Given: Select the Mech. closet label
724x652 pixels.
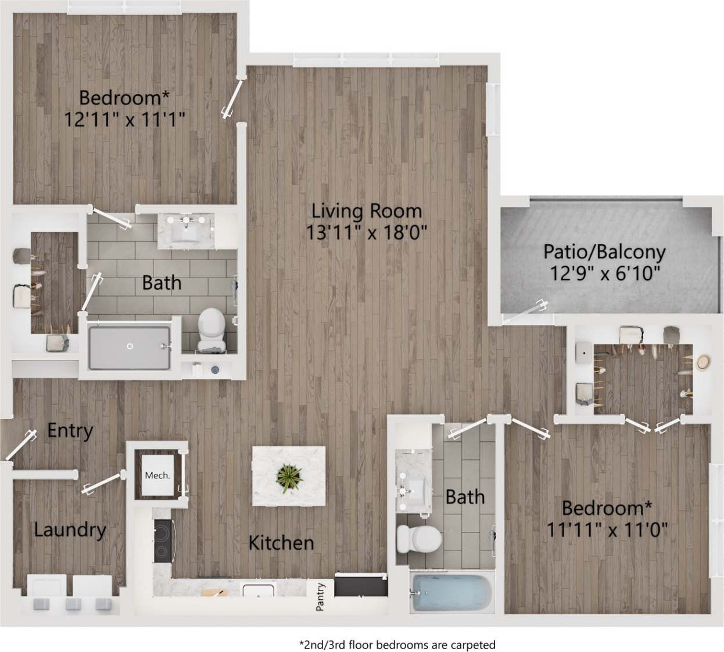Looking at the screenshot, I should (157, 476).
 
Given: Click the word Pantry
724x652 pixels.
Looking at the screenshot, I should (320, 597).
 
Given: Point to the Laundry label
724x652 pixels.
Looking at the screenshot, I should (70, 529).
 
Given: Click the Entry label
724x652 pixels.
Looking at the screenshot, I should (70, 430).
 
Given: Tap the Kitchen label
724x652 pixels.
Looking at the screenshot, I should (281, 543).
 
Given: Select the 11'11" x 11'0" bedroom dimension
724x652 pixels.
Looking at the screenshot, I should (607, 529).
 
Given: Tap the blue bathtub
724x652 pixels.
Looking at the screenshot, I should (451, 593).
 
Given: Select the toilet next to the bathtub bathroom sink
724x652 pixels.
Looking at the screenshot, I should (418, 538).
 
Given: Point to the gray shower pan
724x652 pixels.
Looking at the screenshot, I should (130, 347).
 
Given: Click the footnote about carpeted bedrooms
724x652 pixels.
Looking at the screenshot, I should (397, 644).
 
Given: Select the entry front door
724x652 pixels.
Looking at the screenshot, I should (18, 447).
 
